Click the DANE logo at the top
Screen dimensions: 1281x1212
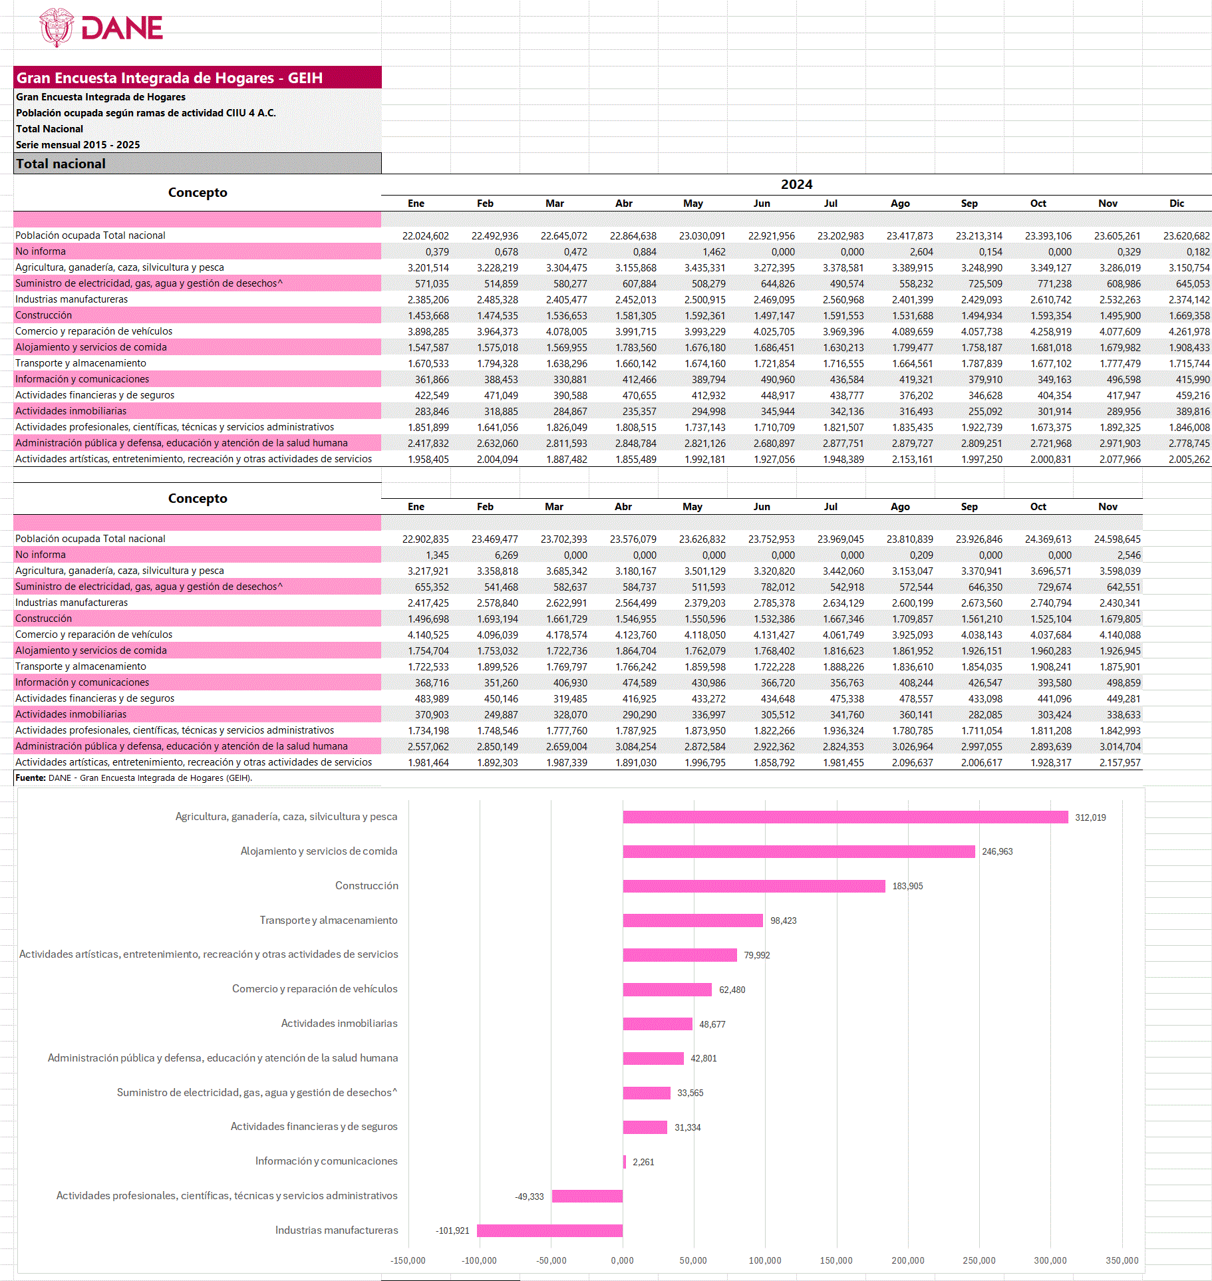(x=101, y=27)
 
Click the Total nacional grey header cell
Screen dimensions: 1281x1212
(x=197, y=164)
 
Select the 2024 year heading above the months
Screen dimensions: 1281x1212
(x=796, y=184)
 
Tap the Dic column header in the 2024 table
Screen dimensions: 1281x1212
(x=1176, y=204)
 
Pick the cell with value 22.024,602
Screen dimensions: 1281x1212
(x=425, y=235)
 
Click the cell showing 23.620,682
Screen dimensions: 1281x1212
(x=1186, y=235)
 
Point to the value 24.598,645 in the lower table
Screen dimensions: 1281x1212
(x=1117, y=539)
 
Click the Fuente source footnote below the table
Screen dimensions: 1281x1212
(x=134, y=778)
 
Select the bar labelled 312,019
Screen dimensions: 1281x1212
(x=845, y=817)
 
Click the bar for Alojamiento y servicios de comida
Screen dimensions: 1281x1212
(x=798, y=851)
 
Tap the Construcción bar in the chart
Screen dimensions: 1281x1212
(x=754, y=886)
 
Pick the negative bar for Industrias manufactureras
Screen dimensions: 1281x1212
(x=549, y=1230)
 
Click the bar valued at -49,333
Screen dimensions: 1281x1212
(x=587, y=1196)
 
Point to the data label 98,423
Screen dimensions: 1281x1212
(x=783, y=921)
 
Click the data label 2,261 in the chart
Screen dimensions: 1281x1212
(x=643, y=1162)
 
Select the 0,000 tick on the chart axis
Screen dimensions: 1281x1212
(x=622, y=1260)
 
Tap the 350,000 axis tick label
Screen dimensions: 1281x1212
(x=1122, y=1260)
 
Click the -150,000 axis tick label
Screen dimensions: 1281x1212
(x=408, y=1260)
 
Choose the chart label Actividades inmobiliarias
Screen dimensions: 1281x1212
(x=339, y=1023)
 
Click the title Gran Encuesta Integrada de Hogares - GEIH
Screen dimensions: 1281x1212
(x=170, y=78)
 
